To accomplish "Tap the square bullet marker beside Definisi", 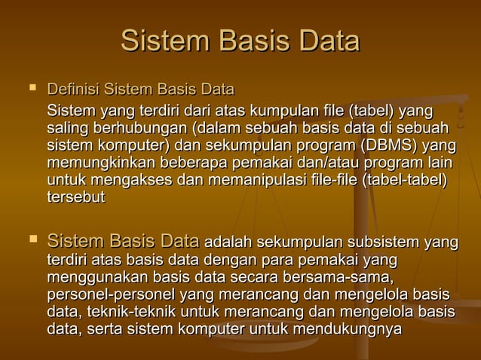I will [x=32, y=90].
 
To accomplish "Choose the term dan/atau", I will [x=327, y=163].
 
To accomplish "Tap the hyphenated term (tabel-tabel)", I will [x=404, y=182].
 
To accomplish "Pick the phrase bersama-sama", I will [x=348, y=277].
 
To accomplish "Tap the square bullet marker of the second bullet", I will [x=32, y=241].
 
